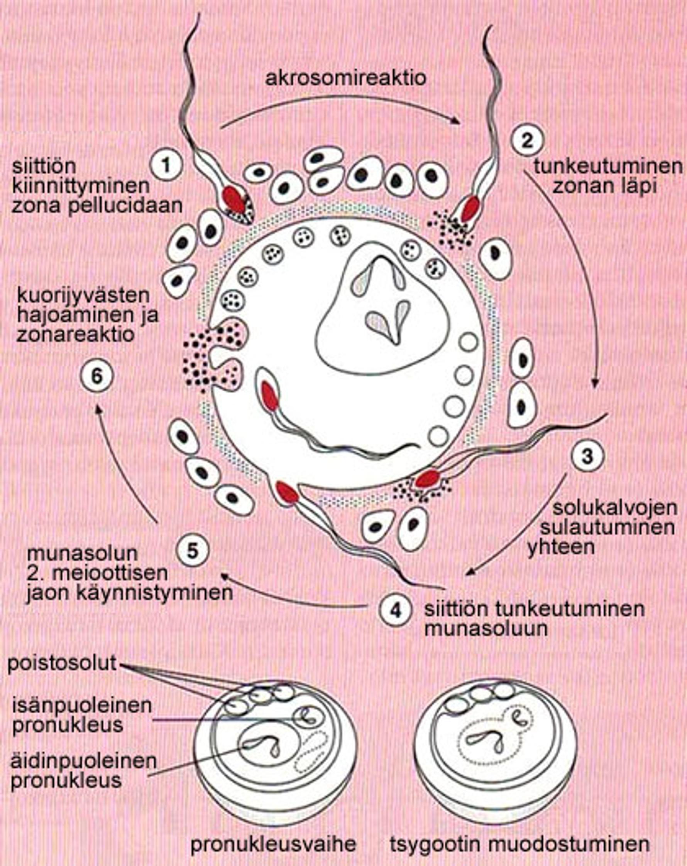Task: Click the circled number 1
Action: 166,165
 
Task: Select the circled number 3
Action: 587,456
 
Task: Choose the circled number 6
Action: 96,376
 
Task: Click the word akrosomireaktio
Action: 345,78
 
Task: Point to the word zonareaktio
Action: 75,334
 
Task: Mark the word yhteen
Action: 561,547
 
